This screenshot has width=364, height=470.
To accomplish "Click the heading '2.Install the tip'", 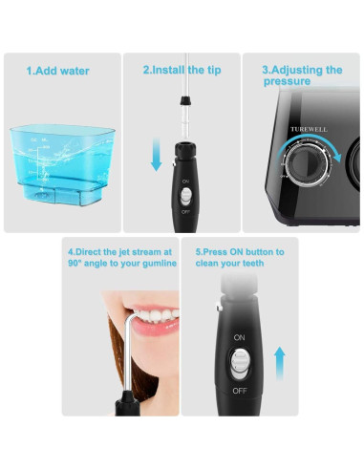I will click(181, 71).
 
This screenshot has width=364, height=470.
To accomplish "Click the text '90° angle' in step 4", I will click(95, 263).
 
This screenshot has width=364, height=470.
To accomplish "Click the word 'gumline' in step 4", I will click(157, 263).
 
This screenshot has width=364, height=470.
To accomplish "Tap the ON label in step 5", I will click(239, 337).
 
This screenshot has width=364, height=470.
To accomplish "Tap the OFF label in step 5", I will click(239, 391).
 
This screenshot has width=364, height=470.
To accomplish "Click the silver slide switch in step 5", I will click(239, 363).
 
